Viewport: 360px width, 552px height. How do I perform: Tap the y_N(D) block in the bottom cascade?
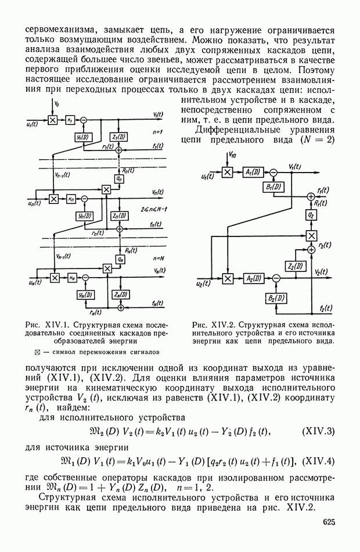84,295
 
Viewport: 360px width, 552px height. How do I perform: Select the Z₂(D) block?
296,266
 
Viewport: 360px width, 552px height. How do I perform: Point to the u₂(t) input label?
203,284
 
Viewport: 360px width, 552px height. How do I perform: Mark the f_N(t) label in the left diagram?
156,304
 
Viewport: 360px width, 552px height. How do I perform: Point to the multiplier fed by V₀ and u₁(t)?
52,120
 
